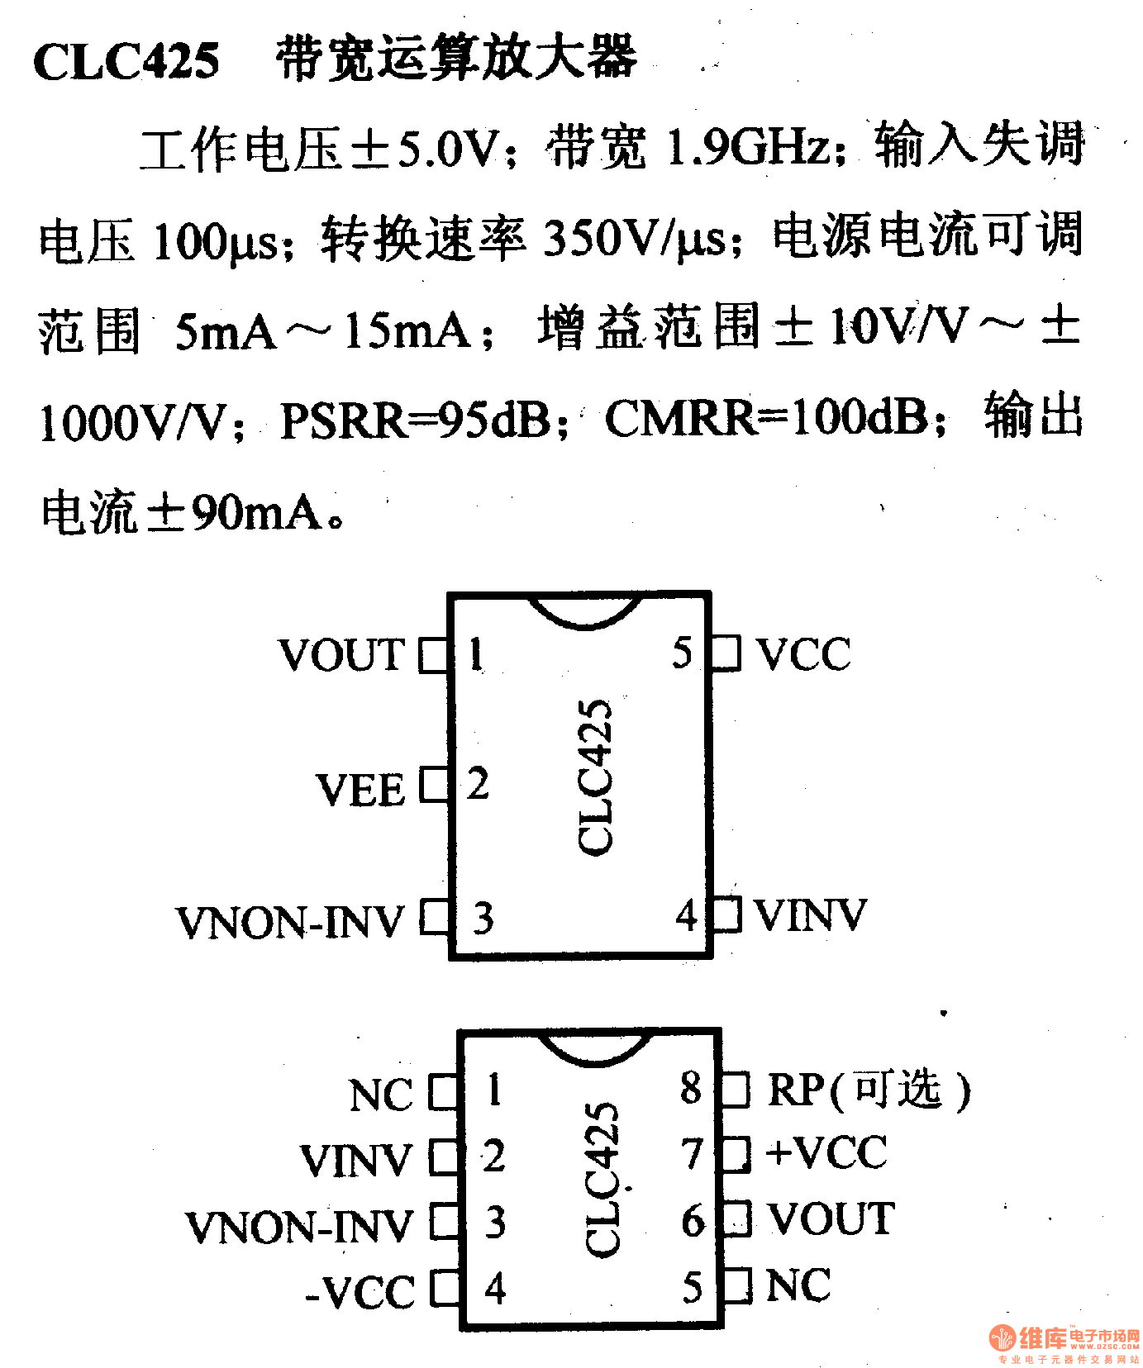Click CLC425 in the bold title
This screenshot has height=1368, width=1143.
126,60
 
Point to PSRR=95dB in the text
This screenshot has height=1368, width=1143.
416,420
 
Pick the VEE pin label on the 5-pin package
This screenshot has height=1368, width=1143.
360,790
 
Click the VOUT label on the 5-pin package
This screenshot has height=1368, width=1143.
342,655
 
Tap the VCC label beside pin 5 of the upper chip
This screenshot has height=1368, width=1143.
803,654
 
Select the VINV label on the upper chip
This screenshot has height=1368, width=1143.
810,915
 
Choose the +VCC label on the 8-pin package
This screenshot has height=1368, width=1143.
826,1153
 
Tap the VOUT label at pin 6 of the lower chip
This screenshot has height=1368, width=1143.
831,1219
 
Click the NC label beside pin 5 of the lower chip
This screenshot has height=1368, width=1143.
798,1285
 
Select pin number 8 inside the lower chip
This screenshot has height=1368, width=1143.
691,1089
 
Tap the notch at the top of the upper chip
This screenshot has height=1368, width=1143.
585,611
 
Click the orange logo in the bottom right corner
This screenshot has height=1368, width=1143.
1002,1337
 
